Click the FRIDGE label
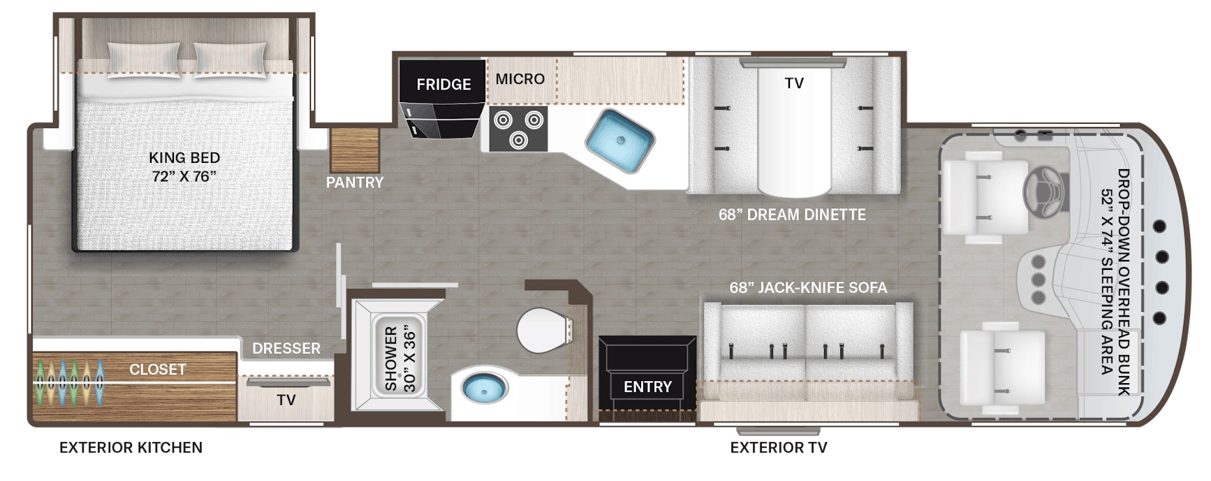pos(443,85)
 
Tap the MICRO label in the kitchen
pos(520,79)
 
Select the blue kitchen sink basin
pos(619,141)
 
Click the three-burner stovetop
pos(518,129)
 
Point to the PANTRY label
pos(355,182)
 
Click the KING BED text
pos(184,158)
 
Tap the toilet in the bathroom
pos(544,330)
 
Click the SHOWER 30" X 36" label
pos(400,358)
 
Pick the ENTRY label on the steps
pos(647,387)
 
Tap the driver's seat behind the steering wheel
pos(986,200)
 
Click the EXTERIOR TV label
pos(779,447)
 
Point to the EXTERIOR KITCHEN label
pos(131,447)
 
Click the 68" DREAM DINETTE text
pos(792,215)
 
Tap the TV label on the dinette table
pos(794,83)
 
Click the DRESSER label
pos(286,348)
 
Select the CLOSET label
pos(158,369)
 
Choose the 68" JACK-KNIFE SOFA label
pos(808,287)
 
